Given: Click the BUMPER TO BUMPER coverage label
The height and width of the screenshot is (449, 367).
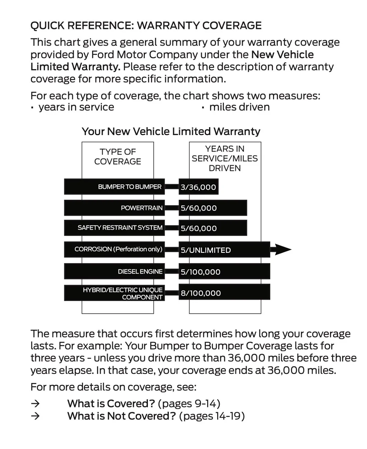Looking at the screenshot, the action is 130,187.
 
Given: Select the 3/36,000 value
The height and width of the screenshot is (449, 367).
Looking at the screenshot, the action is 198,187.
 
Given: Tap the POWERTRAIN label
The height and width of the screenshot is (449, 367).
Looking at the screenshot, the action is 142,208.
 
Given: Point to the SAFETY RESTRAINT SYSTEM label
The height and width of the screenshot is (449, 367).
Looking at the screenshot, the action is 120,228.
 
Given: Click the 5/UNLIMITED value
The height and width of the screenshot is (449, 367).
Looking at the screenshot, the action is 206,250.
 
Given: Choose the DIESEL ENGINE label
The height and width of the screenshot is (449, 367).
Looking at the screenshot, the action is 140,271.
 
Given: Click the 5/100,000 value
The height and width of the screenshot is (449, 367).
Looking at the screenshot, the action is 200,272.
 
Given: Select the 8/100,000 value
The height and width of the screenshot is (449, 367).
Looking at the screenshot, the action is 201,293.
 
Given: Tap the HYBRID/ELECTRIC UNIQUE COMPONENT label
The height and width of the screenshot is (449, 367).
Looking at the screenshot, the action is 123,293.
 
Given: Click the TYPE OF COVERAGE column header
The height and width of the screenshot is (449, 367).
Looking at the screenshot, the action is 117,156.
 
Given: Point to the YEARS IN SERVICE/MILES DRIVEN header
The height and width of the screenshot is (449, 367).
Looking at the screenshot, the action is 225,159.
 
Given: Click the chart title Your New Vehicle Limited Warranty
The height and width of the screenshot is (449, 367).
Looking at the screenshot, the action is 171,131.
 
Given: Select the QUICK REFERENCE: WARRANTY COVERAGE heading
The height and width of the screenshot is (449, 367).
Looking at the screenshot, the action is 146,26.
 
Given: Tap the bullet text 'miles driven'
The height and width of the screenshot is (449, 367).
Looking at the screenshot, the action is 239,107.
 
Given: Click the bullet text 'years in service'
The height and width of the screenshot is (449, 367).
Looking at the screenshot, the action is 76,107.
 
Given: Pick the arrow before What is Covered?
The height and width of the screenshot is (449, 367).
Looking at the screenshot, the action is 35,403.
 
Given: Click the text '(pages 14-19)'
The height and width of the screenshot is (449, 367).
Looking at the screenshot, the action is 212,416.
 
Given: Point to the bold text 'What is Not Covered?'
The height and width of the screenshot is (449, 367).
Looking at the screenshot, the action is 122,416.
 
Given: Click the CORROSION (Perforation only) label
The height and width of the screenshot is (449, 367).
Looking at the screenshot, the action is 119,249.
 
